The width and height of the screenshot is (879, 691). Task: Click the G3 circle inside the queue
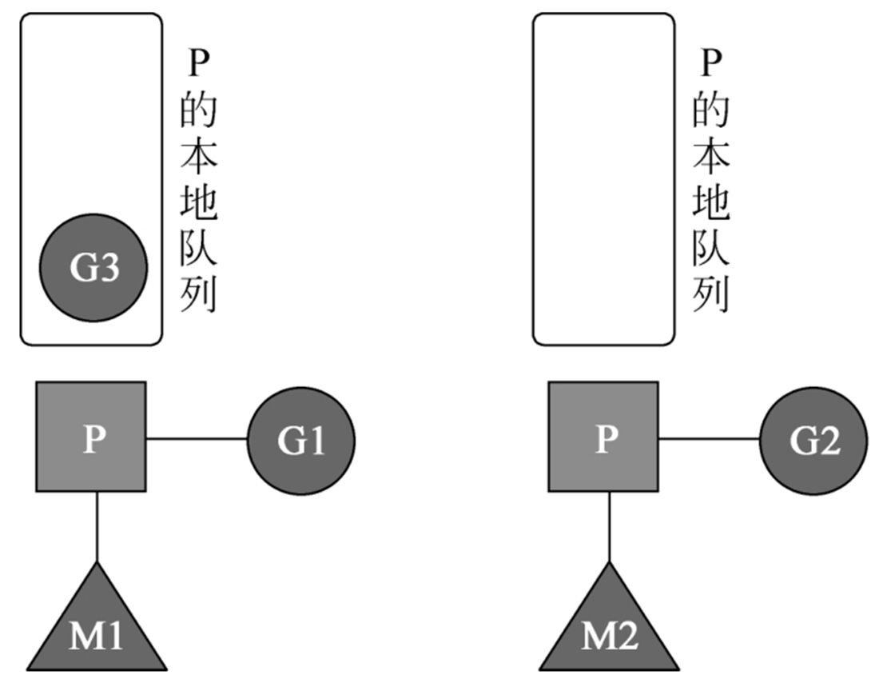(94, 269)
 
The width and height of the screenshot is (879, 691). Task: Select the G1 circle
(301, 439)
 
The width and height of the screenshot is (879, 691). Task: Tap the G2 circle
(813, 439)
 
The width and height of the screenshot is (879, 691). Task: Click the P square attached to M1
(91, 437)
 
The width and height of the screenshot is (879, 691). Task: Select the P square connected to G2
(603, 437)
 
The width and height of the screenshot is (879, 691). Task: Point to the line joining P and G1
(197, 438)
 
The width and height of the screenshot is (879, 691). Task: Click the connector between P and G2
(709, 438)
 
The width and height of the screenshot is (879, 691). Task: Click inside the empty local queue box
(603, 179)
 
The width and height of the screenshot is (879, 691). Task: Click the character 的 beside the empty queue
(711, 110)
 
